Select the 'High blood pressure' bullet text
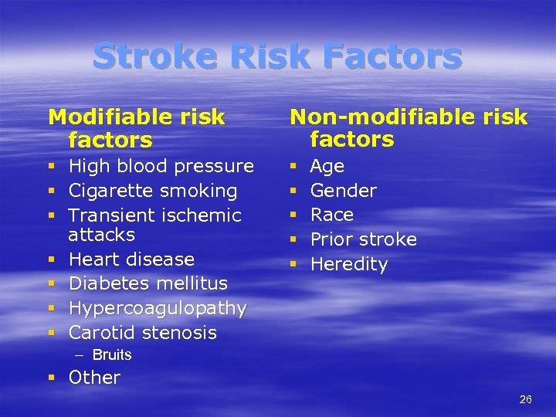[161, 166]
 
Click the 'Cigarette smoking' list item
[153, 191]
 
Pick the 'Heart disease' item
[131, 259]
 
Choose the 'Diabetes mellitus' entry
[147, 283]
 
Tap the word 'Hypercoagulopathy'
[158, 308]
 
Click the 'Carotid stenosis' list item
[142, 333]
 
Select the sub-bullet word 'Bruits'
[112, 355]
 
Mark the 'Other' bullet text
[94, 378]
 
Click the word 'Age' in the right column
[327, 166]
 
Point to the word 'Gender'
[343, 191]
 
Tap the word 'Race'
[331, 215]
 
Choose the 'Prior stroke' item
[363, 239]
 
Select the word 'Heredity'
[349, 264]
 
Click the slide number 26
[525, 399]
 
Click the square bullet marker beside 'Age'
[293, 167]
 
